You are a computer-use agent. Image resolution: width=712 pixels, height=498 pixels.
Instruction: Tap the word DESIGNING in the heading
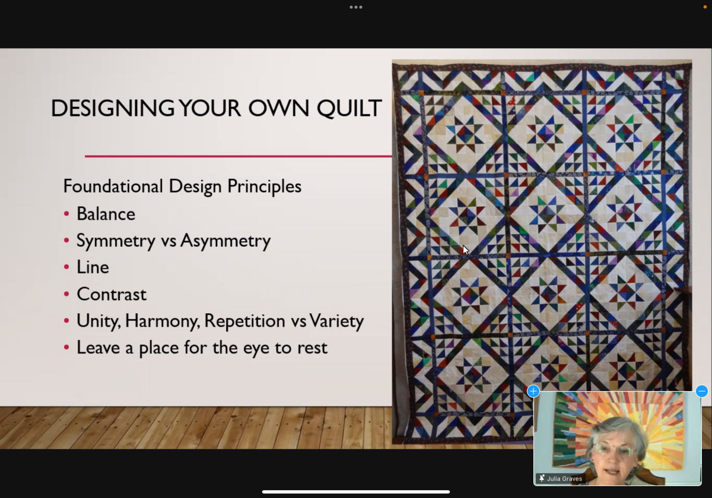(x=113, y=108)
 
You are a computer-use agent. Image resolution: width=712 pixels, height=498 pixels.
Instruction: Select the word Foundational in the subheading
(x=113, y=185)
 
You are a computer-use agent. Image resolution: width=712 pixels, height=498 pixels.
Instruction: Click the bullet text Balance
(x=106, y=213)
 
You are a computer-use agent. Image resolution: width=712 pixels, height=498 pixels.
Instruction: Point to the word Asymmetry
(x=225, y=241)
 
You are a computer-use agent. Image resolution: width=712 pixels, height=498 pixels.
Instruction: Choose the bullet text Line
(x=93, y=267)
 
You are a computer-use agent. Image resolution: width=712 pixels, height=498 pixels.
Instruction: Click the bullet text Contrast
(x=112, y=294)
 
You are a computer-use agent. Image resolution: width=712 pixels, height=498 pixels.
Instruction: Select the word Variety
(x=336, y=321)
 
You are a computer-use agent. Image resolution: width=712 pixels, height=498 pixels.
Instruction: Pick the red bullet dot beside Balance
(x=66, y=213)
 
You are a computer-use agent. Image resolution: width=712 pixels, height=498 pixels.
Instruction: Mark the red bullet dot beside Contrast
(x=66, y=294)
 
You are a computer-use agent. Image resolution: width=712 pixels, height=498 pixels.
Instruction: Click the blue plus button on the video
(x=533, y=391)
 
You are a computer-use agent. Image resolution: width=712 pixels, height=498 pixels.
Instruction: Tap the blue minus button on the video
(x=702, y=391)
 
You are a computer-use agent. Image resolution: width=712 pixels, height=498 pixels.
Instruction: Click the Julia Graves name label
(x=564, y=478)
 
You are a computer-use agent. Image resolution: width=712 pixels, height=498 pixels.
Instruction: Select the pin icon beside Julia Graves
(x=542, y=478)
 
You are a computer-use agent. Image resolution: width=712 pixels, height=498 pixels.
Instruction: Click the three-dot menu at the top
(x=356, y=7)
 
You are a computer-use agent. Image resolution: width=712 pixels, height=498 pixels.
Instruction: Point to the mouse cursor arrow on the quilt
(x=465, y=250)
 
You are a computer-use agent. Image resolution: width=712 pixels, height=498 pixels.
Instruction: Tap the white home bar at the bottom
(x=356, y=492)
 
